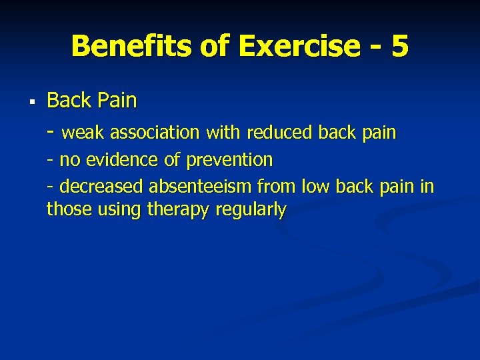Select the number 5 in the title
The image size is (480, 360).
(400, 47)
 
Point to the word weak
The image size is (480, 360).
(83, 133)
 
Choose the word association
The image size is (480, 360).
(155, 133)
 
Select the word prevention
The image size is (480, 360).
(229, 161)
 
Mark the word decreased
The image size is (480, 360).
(101, 187)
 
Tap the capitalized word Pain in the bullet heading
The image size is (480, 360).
(116, 101)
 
